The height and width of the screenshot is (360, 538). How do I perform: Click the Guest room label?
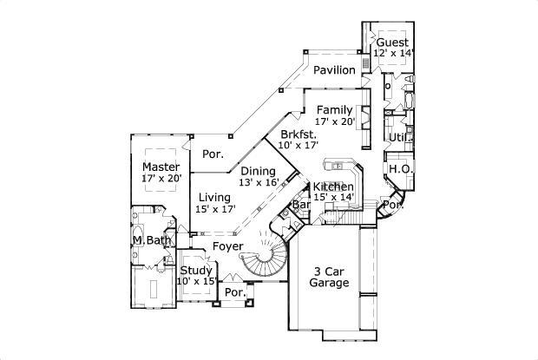pos(393,42)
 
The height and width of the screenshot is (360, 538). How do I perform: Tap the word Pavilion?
pos(334,70)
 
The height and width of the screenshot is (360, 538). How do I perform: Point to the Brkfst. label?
pos(298,135)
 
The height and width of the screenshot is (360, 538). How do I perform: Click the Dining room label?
pos(258,171)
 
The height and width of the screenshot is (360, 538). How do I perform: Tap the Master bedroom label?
pos(161,167)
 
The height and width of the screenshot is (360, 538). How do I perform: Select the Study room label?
pos(196,271)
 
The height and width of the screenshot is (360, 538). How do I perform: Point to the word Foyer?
pos(227,247)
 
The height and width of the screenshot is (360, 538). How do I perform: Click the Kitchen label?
pos(332,187)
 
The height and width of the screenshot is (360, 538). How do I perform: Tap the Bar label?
pos(301,206)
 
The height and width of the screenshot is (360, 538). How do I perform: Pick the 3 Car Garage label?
pos(330,277)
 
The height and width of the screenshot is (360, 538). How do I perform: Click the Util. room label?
pos(399,137)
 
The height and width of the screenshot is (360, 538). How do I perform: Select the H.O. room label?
pos(399,168)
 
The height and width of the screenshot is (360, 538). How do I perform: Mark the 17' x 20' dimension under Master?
pos(161,178)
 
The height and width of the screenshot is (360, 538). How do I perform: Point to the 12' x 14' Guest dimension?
pos(393,53)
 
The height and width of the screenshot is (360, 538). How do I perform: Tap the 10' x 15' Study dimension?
pos(196,281)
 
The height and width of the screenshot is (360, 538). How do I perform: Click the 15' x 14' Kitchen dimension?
pos(332,198)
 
